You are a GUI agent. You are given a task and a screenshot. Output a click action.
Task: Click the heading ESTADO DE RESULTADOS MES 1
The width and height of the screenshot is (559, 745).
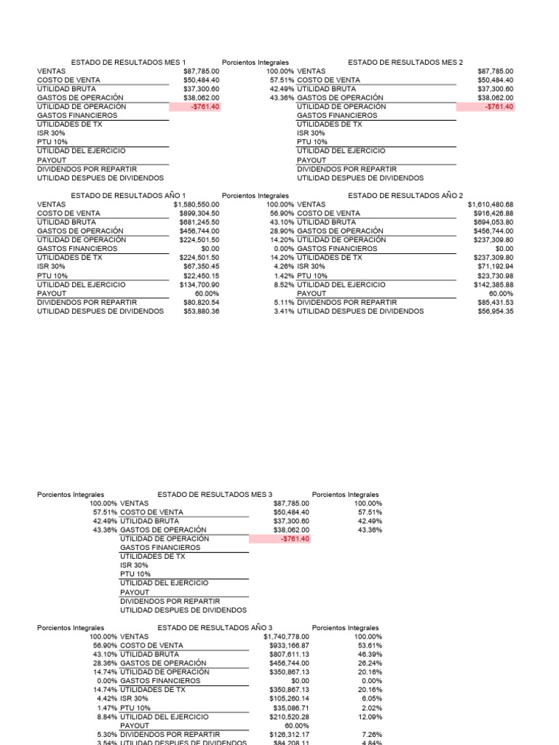[128, 63]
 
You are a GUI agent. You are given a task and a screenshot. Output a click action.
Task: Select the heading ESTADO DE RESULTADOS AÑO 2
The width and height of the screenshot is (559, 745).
[405, 196]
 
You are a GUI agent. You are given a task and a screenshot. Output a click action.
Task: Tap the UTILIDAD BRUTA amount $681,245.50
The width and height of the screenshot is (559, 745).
[199, 222]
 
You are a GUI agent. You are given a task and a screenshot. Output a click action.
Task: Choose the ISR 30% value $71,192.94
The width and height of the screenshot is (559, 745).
[493, 266]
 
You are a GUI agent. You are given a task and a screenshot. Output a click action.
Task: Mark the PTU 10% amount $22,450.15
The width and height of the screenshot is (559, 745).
[201, 275]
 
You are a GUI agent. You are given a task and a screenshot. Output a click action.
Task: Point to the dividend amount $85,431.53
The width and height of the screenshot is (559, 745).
[493, 302]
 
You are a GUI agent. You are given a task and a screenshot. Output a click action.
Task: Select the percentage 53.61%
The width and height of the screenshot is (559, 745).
[370, 645]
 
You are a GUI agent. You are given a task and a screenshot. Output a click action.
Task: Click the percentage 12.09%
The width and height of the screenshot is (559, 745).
[370, 717]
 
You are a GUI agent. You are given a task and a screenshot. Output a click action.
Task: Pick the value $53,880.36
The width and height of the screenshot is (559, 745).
[201, 311]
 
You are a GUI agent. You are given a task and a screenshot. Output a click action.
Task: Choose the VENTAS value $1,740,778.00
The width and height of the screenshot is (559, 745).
[286, 637]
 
